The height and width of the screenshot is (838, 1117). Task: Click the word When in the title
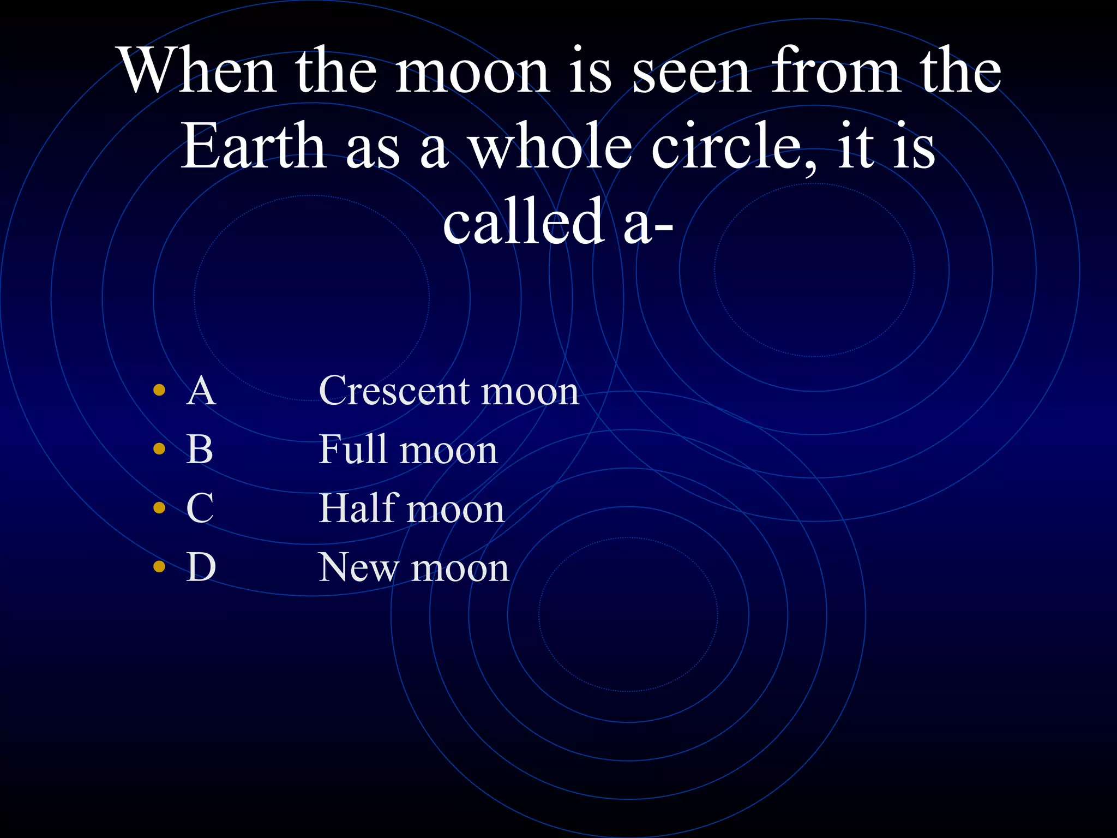tap(198, 71)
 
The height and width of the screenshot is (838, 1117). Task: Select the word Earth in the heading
tap(253, 146)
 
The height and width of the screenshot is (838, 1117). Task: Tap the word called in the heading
tap(523, 221)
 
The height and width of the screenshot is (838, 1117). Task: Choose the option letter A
tap(201, 391)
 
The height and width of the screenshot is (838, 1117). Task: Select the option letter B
tap(200, 450)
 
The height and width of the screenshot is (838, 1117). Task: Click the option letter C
tap(200, 508)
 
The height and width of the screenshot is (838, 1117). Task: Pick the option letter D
tap(201, 567)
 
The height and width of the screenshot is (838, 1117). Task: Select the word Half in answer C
tap(357, 508)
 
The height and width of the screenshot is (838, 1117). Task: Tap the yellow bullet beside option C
tap(159, 508)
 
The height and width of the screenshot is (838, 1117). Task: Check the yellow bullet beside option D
tap(159, 566)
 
